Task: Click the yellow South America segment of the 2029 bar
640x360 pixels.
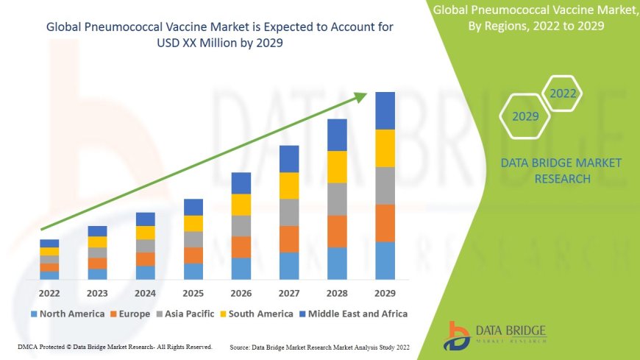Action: point(385,148)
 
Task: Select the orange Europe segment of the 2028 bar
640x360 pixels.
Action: point(337,231)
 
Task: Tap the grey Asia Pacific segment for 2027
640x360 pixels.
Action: point(289,212)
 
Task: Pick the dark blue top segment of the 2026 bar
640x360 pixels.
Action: point(241,183)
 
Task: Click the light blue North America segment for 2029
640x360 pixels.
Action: point(385,261)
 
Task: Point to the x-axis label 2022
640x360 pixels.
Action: point(49,292)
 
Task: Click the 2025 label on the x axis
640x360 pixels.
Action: point(193,292)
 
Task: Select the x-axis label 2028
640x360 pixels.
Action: point(337,292)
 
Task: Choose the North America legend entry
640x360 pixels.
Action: point(67,314)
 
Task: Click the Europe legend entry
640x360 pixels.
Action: point(130,314)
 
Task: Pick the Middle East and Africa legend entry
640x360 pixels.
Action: point(354,314)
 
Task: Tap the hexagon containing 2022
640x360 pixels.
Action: point(563,93)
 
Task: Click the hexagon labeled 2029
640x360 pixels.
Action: point(525,116)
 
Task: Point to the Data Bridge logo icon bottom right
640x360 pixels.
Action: point(458,335)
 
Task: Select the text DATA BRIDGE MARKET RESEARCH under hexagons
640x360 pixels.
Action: point(561,170)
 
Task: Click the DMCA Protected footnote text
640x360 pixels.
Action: point(114,346)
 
